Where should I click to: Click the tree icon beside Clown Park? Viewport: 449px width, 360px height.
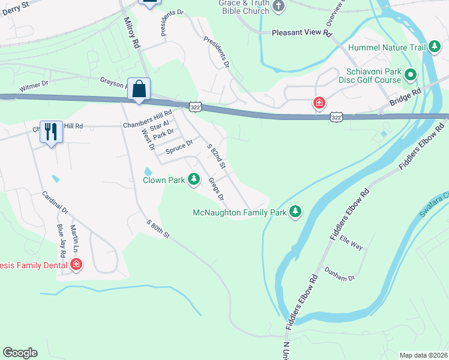point(194,179)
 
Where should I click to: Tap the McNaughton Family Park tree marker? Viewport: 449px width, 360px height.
point(295,212)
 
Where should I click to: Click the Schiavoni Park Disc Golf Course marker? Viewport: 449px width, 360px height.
point(411,75)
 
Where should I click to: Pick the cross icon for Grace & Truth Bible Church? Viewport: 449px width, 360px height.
point(277,6)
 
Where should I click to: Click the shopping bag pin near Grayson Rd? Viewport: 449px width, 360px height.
point(139,89)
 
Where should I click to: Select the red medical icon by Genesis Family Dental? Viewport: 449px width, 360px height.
point(76,265)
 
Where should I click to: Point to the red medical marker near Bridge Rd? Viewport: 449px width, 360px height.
point(319,104)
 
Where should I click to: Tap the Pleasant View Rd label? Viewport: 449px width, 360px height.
point(302,34)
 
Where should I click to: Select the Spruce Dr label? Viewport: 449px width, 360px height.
point(179,146)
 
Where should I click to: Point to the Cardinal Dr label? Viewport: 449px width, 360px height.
point(55,202)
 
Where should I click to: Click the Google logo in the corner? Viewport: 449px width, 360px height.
point(20,353)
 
